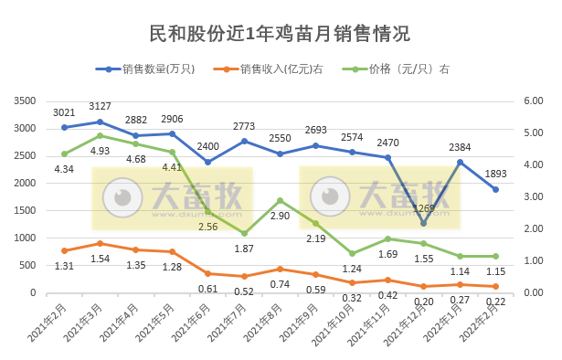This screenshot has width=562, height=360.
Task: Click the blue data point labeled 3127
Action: tap(101, 122)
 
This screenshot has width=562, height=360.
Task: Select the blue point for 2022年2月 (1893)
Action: tap(495, 189)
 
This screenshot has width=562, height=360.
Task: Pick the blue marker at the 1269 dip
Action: tap(423, 223)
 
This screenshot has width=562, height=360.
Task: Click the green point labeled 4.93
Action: tap(101, 135)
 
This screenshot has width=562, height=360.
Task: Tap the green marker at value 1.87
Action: tap(244, 233)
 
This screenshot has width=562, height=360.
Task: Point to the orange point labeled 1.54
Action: tap(101, 243)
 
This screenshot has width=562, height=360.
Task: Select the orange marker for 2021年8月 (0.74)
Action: tap(280, 269)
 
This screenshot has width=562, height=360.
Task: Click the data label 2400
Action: tap(208, 146)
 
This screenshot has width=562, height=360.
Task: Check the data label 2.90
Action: tap(280, 216)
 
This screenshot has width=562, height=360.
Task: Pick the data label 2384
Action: tap(460, 147)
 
